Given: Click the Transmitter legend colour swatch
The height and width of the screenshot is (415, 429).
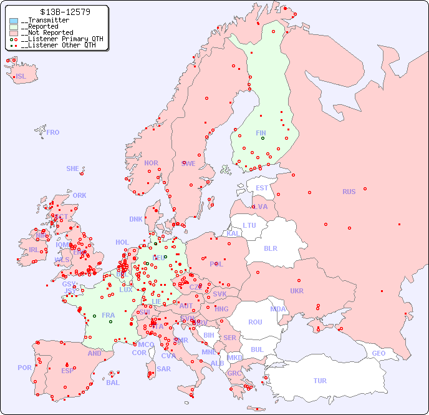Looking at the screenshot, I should click(14, 21).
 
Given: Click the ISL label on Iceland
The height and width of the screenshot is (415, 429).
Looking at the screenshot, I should click(21, 77).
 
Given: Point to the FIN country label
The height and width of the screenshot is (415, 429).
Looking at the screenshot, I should click(261, 133).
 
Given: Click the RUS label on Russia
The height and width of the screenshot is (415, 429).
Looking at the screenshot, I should click(349, 192).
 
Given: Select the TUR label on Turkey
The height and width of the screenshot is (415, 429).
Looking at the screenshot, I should click(320, 381).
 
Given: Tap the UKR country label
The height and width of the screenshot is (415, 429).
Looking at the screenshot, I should click(296, 291).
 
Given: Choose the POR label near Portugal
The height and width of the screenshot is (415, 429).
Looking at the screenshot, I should click(24, 368).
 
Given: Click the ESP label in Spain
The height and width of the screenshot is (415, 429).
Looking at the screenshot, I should click(67, 371).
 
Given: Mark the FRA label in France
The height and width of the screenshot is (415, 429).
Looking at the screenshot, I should click(108, 315).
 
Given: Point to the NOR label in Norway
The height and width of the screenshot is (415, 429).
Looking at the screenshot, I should click(151, 163).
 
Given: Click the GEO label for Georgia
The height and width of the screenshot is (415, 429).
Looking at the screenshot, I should click(378, 353).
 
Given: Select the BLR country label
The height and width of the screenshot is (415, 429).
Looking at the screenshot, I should click(270, 248).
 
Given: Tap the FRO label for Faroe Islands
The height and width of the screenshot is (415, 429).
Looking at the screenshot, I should click(53, 132).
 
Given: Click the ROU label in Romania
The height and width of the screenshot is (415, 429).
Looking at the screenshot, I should click(255, 322).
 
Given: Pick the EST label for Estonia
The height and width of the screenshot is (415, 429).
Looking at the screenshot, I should click(262, 188).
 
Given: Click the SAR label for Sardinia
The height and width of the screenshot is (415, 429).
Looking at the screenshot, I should click(164, 369).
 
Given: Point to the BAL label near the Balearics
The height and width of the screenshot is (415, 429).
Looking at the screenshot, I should click(113, 383).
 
